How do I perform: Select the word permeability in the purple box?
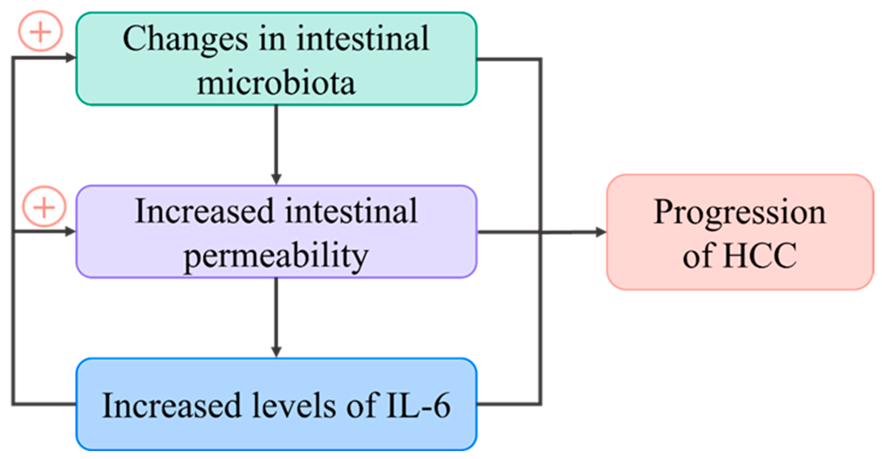(x=276, y=256)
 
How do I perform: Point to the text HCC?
(x=760, y=256)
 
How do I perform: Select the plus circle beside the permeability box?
(x=44, y=207)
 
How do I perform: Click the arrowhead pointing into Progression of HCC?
(x=601, y=232)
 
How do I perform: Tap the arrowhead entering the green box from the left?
(x=71, y=58)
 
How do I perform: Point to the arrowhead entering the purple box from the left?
(x=71, y=232)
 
